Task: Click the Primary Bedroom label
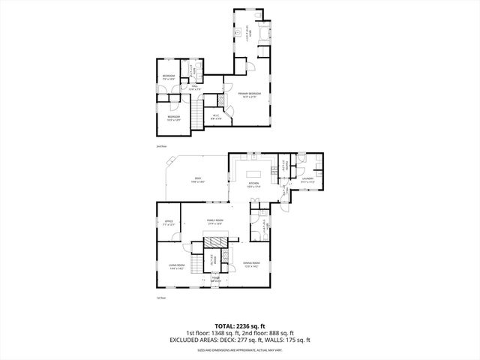coord(248,94)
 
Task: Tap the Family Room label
coord(216,221)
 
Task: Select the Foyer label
coord(215,279)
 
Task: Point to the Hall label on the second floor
coord(194,86)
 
